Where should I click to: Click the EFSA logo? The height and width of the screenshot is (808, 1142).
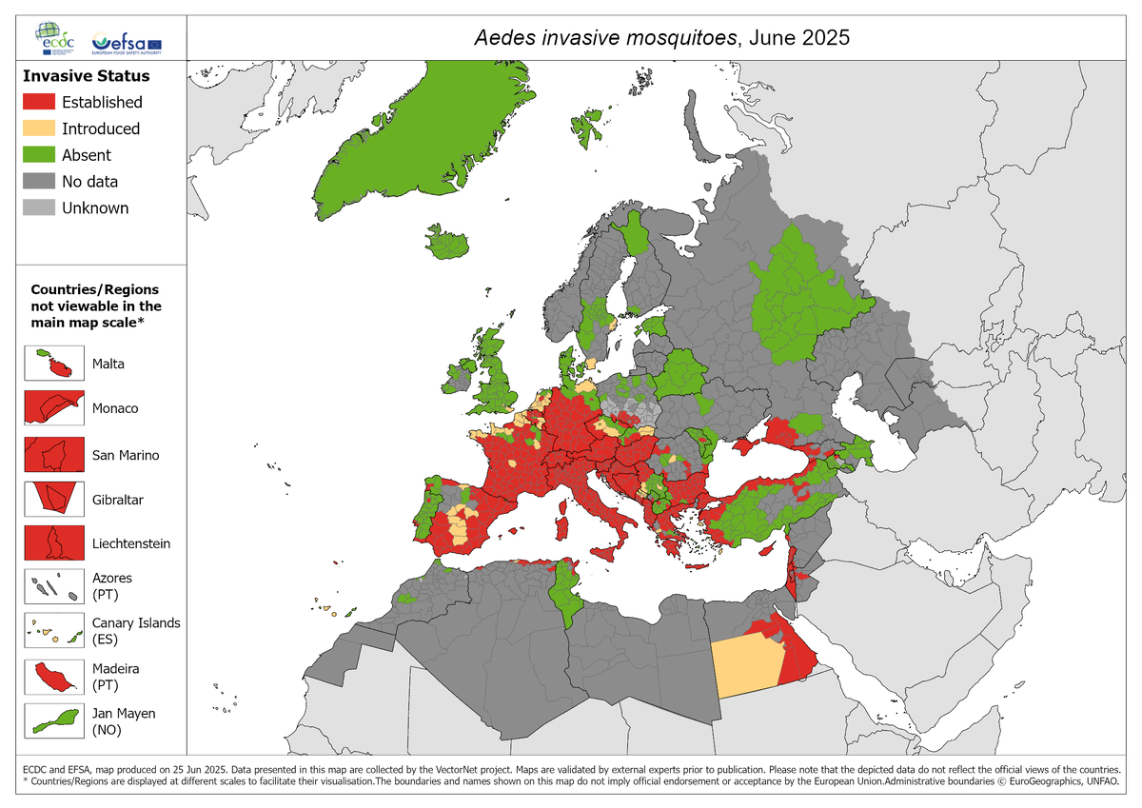126,43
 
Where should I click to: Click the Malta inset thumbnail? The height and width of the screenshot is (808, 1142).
50,364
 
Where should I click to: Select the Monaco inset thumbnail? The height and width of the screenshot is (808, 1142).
50,408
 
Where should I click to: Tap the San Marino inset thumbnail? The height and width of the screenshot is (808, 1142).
50,454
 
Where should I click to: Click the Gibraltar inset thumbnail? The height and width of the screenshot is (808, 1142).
50,499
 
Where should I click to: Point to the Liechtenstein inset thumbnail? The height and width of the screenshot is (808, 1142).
50,543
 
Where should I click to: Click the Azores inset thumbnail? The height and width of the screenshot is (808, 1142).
50,586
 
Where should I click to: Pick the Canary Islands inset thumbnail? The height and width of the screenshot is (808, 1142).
50,631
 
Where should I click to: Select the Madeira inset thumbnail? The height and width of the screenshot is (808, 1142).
50,677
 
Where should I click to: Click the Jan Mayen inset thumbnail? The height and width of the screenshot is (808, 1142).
50,721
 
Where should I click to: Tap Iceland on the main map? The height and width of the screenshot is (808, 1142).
447,244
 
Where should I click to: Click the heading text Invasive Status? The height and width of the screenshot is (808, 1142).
87,75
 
